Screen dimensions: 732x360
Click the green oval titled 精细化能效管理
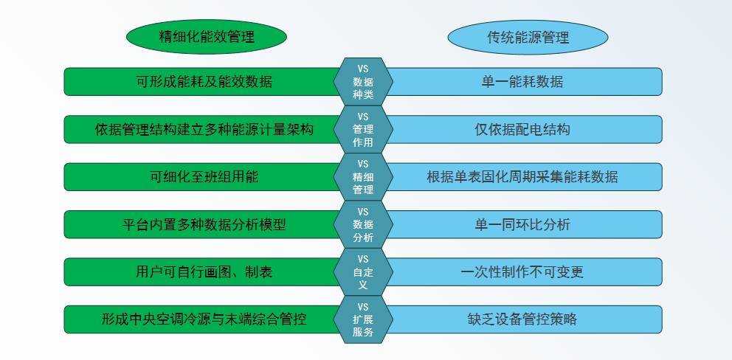point(207,36)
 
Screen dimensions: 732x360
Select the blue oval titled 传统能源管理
point(528,37)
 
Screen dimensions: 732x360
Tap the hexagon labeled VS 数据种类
point(363,82)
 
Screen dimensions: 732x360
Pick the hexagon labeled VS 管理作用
point(363,129)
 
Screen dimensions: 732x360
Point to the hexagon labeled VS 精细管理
point(363,177)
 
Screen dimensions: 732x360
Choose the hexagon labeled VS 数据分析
point(363,224)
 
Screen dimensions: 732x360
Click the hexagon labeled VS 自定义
point(363,271)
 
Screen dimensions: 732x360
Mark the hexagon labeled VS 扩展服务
point(363,319)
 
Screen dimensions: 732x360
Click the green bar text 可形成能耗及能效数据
point(204,82)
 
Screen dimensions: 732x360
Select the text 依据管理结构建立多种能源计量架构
point(204,129)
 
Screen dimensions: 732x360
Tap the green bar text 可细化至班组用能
point(204,177)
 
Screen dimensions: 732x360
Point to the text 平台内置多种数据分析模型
point(204,224)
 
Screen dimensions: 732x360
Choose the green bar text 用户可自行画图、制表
point(204,271)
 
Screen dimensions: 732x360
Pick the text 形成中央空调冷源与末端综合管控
point(204,319)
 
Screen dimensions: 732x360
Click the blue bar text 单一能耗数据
point(522,82)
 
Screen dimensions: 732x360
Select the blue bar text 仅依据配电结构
point(522,129)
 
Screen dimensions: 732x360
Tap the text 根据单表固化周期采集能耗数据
point(522,177)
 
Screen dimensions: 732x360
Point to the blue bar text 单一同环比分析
point(522,224)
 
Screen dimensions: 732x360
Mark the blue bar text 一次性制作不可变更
point(522,271)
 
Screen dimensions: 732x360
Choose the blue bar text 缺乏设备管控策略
point(522,319)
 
